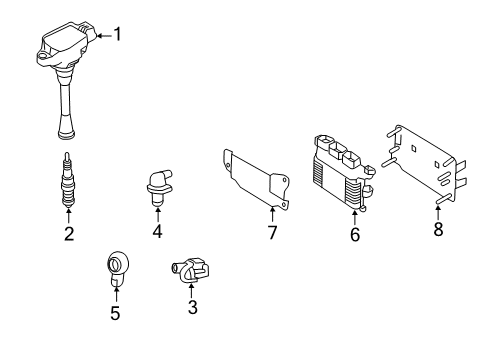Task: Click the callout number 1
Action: [x=117, y=36]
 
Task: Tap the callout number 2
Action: [x=68, y=235]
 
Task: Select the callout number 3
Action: [x=192, y=307]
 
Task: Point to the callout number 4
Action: [x=157, y=232]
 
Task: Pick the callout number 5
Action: [x=115, y=313]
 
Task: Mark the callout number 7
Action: [x=272, y=232]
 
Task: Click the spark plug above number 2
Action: [x=68, y=180]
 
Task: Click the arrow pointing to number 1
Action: [x=104, y=36]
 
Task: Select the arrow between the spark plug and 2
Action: [x=68, y=215]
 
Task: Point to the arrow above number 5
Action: [x=115, y=293]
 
